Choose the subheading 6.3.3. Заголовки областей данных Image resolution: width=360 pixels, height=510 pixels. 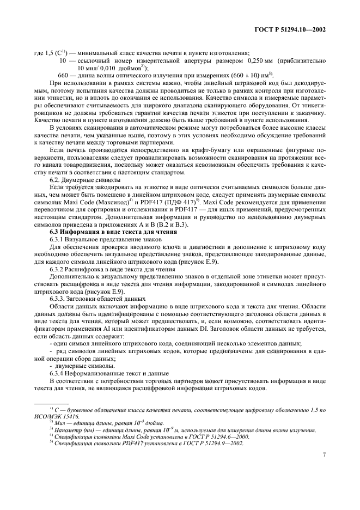pyautogui.click(x=97, y=299)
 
